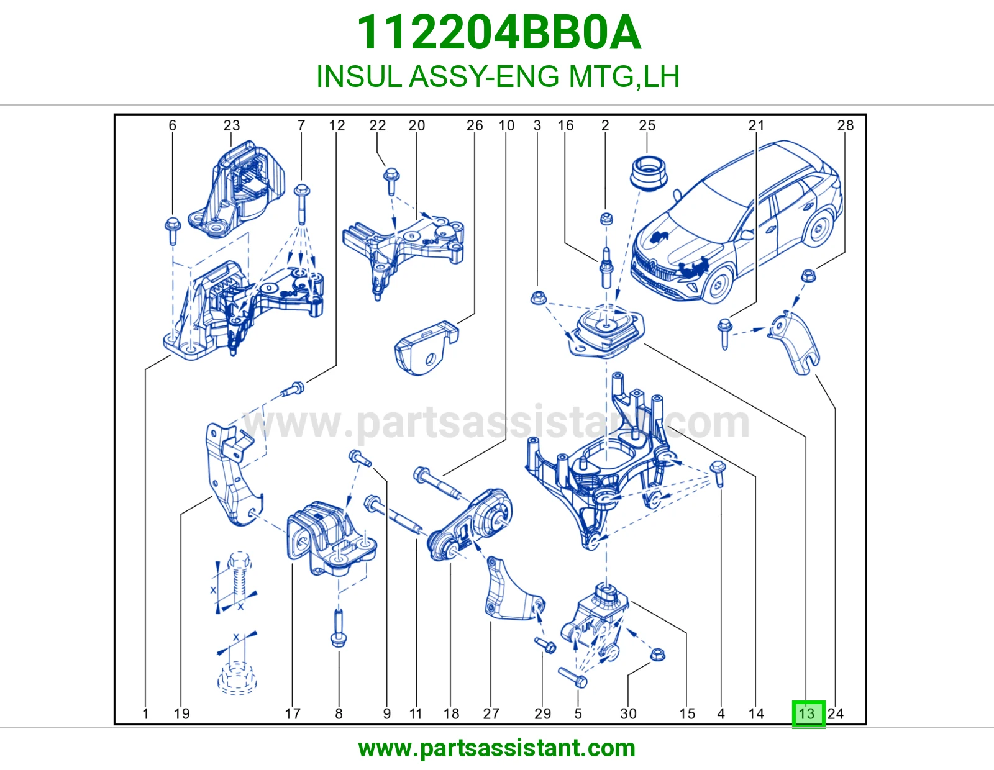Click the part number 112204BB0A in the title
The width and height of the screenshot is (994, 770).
499,33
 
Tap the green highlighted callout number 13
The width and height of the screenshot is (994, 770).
808,713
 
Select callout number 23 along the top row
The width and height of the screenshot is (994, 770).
232,125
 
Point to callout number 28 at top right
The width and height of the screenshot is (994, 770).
846,125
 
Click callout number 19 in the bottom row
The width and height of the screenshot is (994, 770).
181,713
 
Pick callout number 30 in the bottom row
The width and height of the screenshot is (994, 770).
629,713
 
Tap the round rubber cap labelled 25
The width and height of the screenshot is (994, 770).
649,174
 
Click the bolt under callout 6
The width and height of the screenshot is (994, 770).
173,232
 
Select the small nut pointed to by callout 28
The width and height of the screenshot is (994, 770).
808,276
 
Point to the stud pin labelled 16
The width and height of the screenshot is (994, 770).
606,268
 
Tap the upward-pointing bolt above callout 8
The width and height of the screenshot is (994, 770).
338,628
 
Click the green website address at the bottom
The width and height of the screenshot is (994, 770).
497,748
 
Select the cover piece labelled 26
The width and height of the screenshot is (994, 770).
426,348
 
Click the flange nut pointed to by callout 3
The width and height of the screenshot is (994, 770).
538,298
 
